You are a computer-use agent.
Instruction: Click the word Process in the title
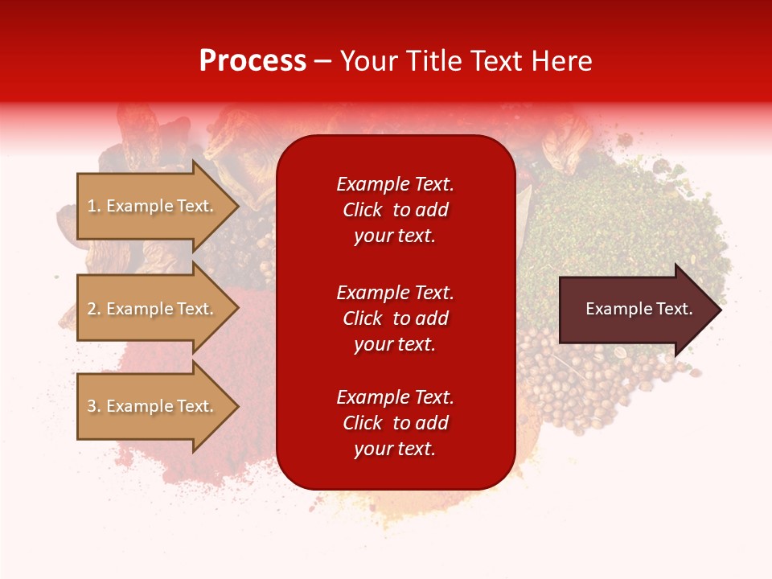[253, 61]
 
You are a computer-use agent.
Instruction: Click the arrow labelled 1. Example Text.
[158, 206]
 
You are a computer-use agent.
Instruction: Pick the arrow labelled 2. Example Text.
[158, 308]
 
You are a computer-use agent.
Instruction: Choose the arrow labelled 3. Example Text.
[158, 405]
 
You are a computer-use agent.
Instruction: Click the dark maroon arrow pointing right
[640, 310]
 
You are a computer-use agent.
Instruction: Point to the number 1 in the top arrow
[92, 206]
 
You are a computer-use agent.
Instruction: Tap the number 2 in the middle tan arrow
[92, 309]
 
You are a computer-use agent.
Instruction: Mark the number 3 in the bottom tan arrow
[92, 405]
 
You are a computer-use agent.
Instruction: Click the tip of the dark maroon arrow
[721, 310]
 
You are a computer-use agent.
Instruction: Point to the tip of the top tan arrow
[239, 206]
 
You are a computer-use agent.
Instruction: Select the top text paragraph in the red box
[396, 210]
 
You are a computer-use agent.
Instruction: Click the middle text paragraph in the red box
[396, 318]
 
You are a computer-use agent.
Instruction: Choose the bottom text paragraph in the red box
[396, 423]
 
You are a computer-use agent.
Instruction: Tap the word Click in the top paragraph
[363, 210]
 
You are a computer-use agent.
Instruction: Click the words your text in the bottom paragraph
[395, 449]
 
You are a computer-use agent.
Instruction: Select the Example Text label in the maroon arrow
[639, 309]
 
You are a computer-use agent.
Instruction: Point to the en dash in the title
[323, 63]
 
